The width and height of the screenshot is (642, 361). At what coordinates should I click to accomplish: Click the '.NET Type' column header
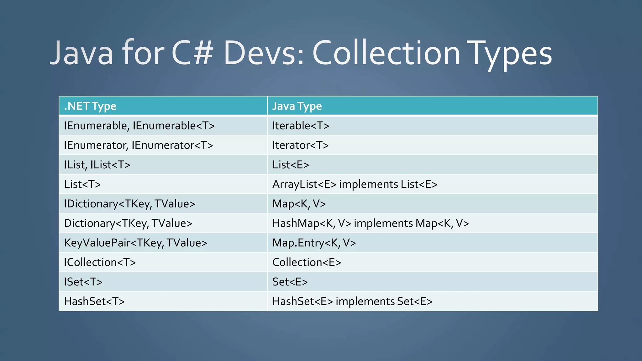[x=90, y=106]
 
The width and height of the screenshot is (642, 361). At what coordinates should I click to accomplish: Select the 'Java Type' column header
[x=297, y=106]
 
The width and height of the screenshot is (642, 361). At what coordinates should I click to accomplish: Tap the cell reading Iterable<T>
[x=301, y=126]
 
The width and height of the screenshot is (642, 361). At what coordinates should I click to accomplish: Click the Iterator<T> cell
[x=300, y=145]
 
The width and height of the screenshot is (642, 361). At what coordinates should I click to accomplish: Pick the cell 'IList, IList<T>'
[x=97, y=165]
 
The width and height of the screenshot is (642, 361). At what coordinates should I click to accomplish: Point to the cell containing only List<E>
[x=291, y=165]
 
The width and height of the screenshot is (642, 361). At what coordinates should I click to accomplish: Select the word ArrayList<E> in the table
[x=304, y=184]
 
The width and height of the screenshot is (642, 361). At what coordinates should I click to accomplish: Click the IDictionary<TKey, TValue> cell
[x=129, y=204]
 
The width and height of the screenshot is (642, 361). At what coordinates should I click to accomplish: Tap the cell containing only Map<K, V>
[x=299, y=204]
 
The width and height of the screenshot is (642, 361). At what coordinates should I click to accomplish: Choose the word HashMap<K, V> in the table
[x=312, y=223]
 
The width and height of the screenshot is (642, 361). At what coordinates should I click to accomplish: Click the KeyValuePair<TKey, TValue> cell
[x=135, y=243]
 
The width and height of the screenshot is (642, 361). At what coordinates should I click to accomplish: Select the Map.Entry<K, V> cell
[x=314, y=243]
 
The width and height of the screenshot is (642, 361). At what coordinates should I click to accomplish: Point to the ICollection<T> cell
[x=100, y=262]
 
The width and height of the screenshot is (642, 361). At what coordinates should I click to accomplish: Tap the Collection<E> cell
[x=307, y=262]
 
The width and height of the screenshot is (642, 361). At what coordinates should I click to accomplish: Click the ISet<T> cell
[x=83, y=282]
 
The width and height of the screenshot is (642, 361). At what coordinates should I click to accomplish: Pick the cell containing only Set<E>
[x=290, y=282]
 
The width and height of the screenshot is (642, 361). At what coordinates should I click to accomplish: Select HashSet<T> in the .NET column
[x=94, y=301]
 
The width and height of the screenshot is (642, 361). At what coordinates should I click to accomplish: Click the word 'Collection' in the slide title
[x=386, y=53]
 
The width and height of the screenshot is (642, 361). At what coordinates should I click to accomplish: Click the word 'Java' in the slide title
[x=82, y=53]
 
